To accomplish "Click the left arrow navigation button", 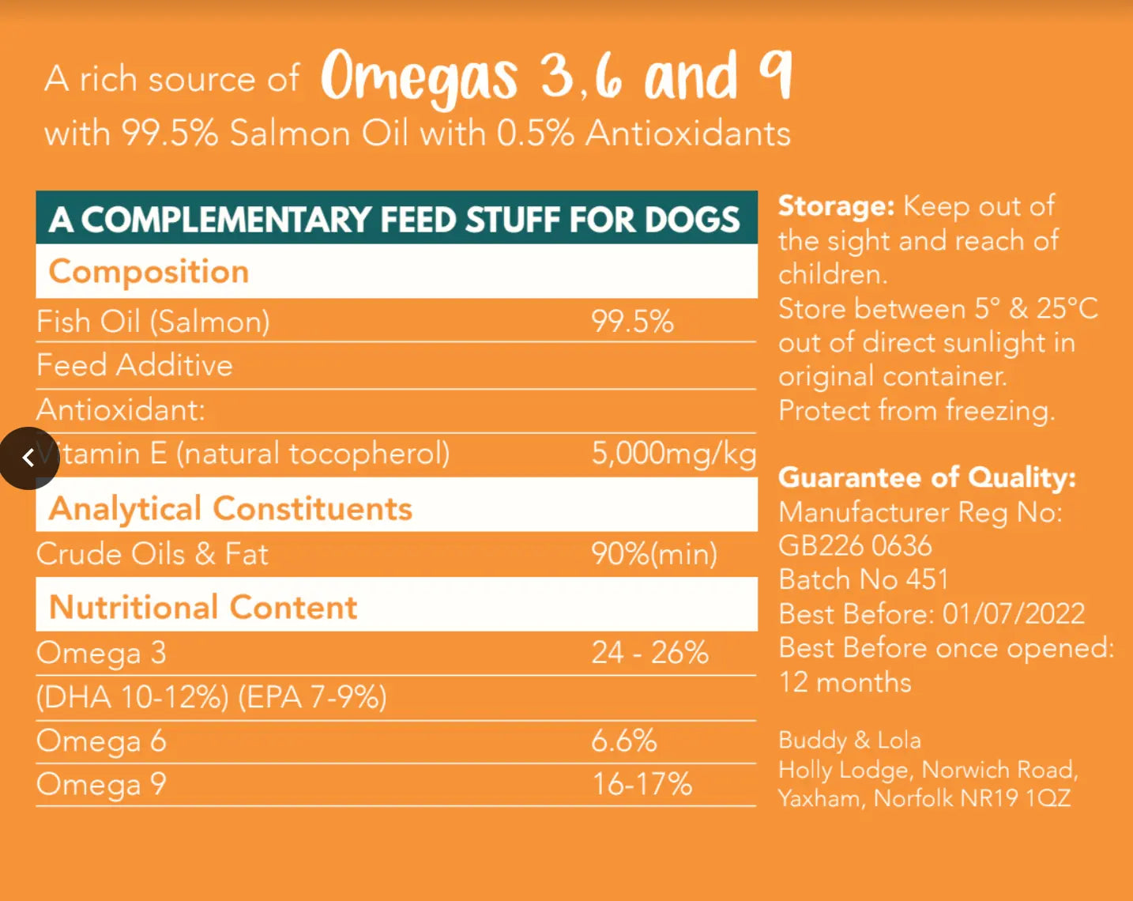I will click(28, 458).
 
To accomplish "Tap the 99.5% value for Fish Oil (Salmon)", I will click(632, 322).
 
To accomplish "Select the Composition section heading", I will click(149, 272).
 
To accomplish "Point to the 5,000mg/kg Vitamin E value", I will click(673, 454).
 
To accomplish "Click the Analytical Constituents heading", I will click(230, 509).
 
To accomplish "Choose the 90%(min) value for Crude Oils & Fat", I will click(654, 554).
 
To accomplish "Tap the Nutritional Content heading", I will click(203, 608).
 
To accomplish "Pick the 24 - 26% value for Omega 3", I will click(649, 653).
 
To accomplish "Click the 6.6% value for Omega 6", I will click(623, 741).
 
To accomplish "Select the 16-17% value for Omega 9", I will click(642, 784).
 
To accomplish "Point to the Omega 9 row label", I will click(101, 784).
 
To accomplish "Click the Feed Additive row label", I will click(134, 365).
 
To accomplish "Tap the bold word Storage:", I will click(836, 206).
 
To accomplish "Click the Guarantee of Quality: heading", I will click(927, 477).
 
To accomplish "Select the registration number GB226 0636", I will click(855, 546).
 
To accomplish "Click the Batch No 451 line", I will click(863, 580).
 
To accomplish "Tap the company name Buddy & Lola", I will click(849, 741).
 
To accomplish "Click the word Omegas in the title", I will click(419, 77).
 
